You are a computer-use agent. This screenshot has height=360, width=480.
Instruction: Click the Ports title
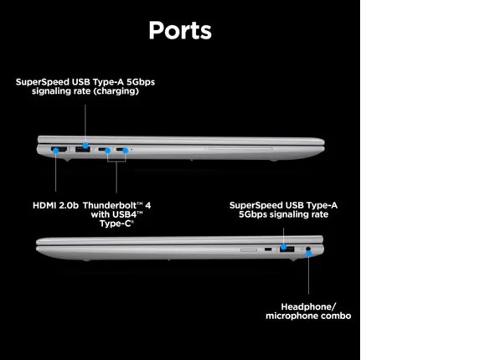[x=180, y=31]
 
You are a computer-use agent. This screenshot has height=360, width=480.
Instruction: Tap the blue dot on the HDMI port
[x=56, y=151]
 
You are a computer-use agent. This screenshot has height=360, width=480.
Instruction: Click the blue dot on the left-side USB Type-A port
[x=85, y=146]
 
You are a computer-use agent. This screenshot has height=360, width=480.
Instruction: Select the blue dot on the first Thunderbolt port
[x=108, y=151]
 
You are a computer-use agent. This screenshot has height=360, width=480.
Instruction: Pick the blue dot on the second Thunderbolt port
[x=125, y=151]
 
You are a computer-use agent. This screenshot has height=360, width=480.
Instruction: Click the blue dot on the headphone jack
[x=309, y=254]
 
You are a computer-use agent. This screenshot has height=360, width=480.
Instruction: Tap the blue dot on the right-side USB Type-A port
[x=284, y=247]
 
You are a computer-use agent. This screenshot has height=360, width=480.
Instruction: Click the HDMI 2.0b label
[x=56, y=205]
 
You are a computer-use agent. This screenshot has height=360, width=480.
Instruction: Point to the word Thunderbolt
[x=109, y=205]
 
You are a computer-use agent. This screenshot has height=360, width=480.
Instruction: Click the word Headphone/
[x=308, y=306]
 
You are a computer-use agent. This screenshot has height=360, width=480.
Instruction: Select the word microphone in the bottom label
[x=290, y=316]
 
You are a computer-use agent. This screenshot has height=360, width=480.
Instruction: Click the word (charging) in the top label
[x=116, y=91]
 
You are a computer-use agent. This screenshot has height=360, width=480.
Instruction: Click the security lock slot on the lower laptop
[x=268, y=249]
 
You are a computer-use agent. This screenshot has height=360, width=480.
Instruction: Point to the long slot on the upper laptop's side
[x=240, y=149]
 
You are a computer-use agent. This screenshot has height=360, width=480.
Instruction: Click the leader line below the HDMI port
[x=56, y=172]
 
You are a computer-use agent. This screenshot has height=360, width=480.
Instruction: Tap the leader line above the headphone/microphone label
[x=308, y=275]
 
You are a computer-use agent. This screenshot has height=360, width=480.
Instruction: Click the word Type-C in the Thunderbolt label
[x=116, y=224]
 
